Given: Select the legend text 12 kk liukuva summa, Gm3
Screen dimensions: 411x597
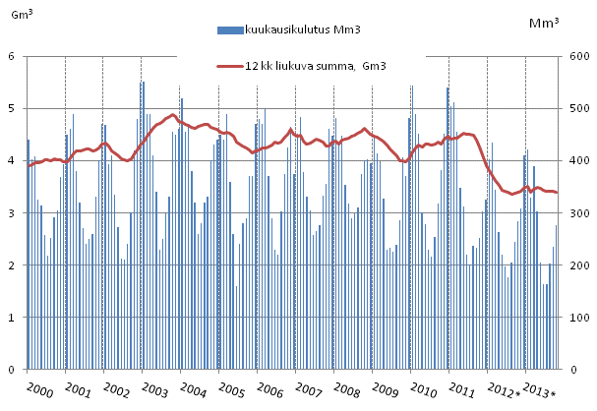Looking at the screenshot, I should point(322,66).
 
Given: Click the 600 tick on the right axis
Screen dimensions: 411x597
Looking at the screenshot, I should point(574,56).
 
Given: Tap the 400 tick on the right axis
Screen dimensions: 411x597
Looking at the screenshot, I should point(574,161).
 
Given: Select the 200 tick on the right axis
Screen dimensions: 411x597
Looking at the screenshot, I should point(574,265).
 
